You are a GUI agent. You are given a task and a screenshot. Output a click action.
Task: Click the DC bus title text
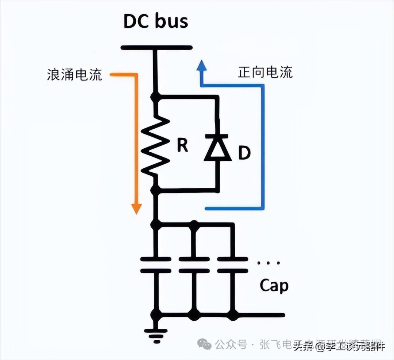tap(156, 21)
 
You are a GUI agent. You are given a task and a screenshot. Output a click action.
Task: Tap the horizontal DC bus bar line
tap(156, 47)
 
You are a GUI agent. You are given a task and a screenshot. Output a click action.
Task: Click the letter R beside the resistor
tap(182, 145)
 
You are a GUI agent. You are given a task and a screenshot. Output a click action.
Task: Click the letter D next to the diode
tap(244, 153)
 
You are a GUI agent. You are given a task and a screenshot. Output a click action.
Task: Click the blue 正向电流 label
tap(265, 72)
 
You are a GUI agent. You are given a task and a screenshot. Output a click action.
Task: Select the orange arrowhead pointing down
tap(136, 208)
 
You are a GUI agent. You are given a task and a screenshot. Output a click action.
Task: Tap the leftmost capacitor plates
tap(156, 265)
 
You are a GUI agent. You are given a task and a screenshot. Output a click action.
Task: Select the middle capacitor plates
tap(194, 265)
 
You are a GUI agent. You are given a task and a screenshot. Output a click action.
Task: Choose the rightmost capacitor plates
tap(232, 265)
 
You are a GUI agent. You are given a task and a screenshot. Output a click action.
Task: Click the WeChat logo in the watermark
tap(204, 344)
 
